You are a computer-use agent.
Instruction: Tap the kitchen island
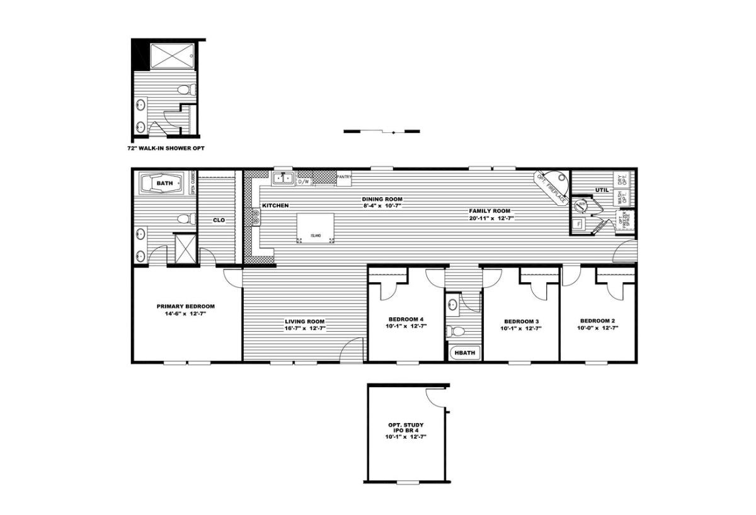click(x=314, y=227)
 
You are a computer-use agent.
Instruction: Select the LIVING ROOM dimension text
click(x=304, y=328)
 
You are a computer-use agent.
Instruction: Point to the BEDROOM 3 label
click(x=520, y=321)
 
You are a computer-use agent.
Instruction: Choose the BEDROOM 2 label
click(x=597, y=320)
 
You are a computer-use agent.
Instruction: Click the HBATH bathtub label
click(x=464, y=353)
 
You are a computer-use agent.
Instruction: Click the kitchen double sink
click(x=283, y=179)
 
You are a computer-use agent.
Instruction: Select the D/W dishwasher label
click(x=304, y=181)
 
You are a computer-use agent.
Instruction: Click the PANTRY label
click(x=344, y=177)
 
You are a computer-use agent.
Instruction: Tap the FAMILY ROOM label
click(x=489, y=211)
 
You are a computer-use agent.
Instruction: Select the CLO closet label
click(x=219, y=220)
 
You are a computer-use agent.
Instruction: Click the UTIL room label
click(x=601, y=190)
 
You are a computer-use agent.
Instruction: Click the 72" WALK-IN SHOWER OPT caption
click(x=166, y=148)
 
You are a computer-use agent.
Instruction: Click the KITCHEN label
click(x=275, y=205)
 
